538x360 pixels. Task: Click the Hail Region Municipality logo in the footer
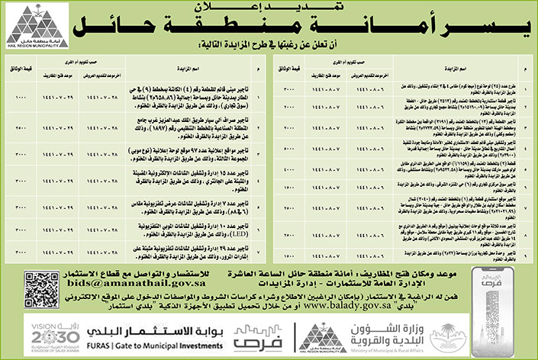pos(321,336)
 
